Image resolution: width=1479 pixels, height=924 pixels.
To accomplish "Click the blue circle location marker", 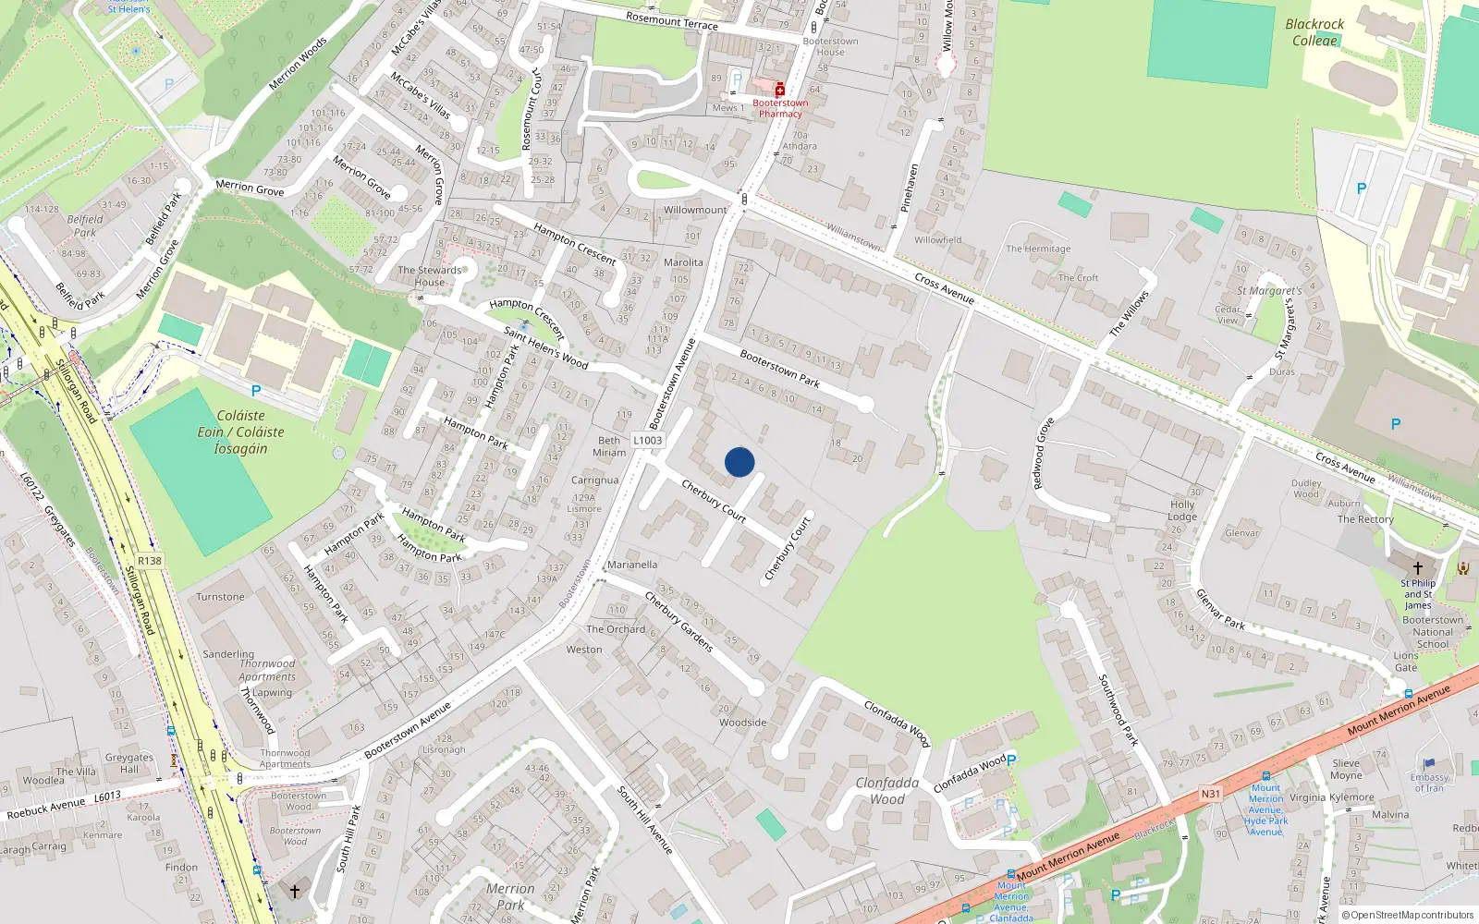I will click(739, 462).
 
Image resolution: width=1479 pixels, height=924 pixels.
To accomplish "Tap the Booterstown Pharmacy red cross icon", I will click(780, 90).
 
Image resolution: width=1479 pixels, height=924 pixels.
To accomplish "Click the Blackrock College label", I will click(1314, 32).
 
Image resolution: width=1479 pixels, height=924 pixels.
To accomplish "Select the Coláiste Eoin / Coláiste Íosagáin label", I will click(240, 432).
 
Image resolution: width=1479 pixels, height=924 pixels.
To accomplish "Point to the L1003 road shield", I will click(647, 441).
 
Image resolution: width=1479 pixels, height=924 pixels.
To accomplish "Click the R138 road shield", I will click(150, 561).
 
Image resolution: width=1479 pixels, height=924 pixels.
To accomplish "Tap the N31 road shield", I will click(1210, 794).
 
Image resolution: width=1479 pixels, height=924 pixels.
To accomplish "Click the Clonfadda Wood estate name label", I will click(886, 791).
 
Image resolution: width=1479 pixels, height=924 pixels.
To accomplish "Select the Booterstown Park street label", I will click(779, 368).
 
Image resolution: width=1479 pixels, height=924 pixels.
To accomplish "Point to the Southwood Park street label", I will click(1118, 710).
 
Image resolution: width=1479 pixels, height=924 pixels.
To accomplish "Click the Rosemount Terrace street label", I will click(671, 20).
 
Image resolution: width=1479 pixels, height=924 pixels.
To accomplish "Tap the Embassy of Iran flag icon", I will click(1429, 764).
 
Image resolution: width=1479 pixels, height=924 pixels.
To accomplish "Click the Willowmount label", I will click(695, 210).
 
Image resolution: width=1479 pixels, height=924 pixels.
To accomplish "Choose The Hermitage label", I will click(1038, 249).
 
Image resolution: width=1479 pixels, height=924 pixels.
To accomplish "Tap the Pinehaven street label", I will click(910, 188).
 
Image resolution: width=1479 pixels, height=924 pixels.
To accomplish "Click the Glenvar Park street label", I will click(1220, 610).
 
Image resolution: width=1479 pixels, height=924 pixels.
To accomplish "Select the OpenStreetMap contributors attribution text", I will click(1412, 915).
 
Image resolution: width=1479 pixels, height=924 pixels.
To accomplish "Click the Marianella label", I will click(632, 565).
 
